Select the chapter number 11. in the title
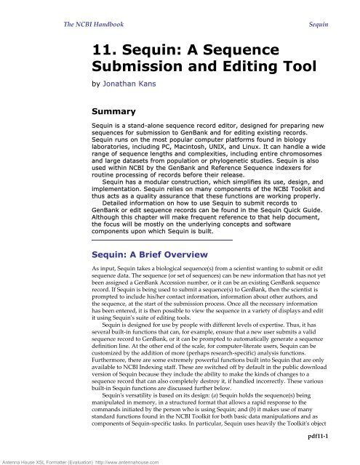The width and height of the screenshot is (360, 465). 95,51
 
